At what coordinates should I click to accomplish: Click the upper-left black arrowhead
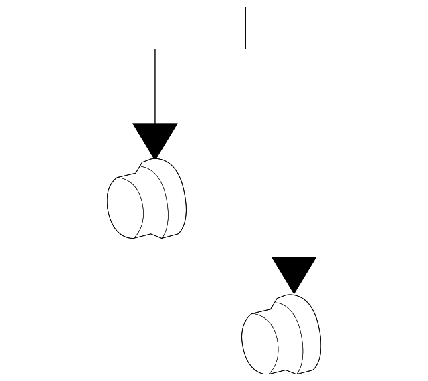(155, 137)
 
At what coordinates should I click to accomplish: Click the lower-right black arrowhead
(294, 271)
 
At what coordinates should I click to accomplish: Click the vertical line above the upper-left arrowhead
(155, 87)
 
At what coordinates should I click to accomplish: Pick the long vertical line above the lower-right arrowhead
(294, 154)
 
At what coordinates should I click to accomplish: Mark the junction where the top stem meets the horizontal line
(245, 49)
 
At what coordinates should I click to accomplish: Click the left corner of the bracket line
(155, 49)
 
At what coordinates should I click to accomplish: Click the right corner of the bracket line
(294, 49)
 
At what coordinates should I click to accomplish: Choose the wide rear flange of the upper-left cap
(171, 198)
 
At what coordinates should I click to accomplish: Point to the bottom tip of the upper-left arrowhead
(155, 158)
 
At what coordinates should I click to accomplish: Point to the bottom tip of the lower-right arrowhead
(294, 293)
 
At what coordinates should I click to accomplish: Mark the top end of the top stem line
(245, 8)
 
